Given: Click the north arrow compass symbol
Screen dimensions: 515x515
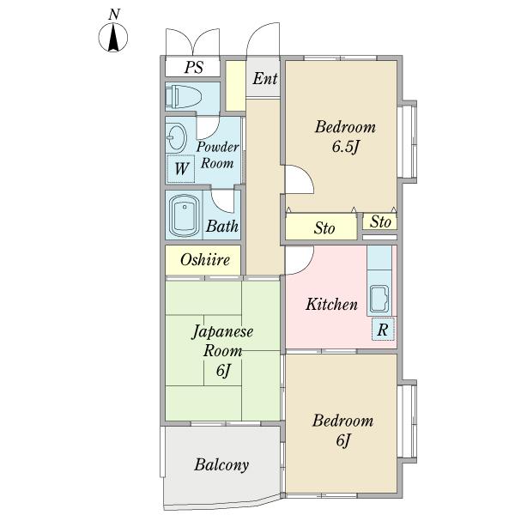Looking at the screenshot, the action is pyautogui.click(x=113, y=38).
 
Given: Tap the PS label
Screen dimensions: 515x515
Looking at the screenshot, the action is pyautogui.click(x=194, y=67).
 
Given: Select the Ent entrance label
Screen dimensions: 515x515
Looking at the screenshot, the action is pyautogui.click(x=265, y=78).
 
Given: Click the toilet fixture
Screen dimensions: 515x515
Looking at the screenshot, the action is pyautogui.click(x=183, y=97).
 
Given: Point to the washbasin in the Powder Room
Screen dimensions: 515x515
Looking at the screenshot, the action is pyautogui.click(x=176, y=137).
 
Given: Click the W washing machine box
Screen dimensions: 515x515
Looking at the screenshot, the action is pyautogui.click(x=181, y=169).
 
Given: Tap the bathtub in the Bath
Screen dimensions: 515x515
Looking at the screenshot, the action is pyautogui.click(x=185, y=215).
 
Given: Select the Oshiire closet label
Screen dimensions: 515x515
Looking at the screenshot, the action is pyautogui.click(x=205, y=260).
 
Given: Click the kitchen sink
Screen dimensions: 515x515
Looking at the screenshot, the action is pyautogui.click(x=379, y=300).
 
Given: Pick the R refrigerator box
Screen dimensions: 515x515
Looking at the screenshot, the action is pyautogui.click(x=383, y=329).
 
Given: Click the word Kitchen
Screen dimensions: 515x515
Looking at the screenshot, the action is pyautogui.click(x=331, y=304).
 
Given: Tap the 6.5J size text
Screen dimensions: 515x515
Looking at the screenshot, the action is pyautogui.click(x=345, y=147).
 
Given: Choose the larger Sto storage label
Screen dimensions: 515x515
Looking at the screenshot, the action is pyautogui.click(x=324, y=228).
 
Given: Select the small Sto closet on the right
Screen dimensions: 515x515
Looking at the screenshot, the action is pyautogui.click(x=380, y=221).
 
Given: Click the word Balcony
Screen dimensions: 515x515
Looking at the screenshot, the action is pyautogui.click(x=221, y=465).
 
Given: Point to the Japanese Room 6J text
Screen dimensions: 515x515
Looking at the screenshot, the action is pyautogui.click(x=222, y=351).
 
